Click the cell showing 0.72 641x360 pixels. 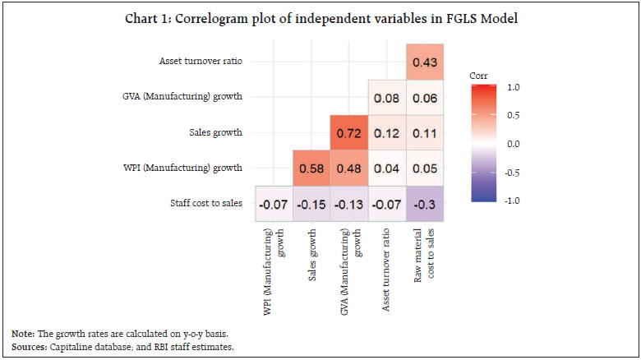pyautogui.click(x=349, y=133)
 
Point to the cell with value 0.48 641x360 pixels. pyautogui.click(x=349, y=168)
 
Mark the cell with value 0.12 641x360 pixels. pyautogui.click(x=388, y=133)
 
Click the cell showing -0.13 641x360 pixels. pyautogui.click(x=349, y=203)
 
